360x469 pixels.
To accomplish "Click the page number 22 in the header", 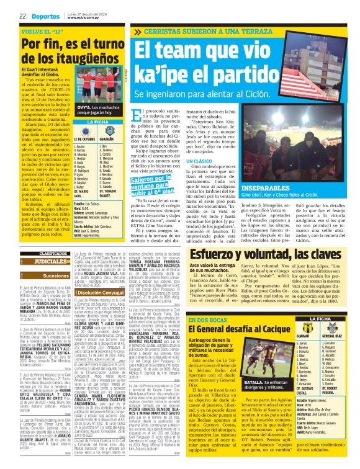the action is [x=22, y=16].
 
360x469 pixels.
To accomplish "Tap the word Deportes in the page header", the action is [x=45, y=16].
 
